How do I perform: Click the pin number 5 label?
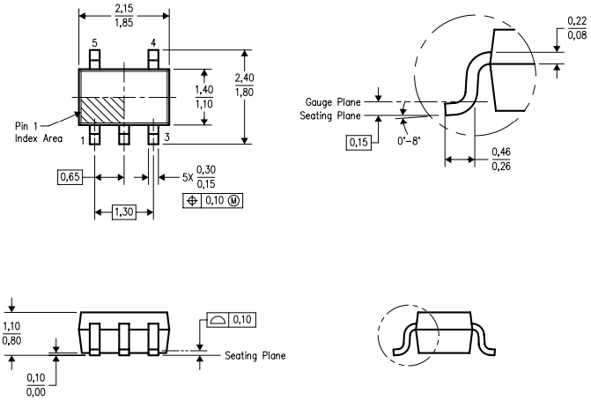coord(94,43)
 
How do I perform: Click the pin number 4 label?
coord(153,43)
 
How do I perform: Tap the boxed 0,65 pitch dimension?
coord(70,176)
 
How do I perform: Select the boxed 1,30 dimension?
coord(124,212)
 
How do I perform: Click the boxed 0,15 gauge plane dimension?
coord(358,142)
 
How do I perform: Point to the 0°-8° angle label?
coord(409,141)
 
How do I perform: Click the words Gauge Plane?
coord(333,102)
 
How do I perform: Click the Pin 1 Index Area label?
coord(39,132)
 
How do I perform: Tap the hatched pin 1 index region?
coord(102,109)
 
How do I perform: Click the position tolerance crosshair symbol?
coord(192,201)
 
